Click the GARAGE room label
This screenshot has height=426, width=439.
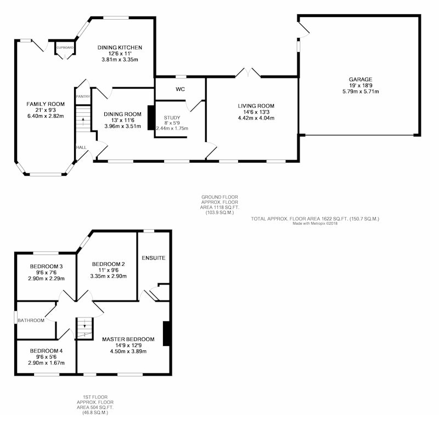[x=361, y=79]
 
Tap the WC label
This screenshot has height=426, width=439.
[x=181, y=89]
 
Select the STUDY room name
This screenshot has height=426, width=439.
[x=172, y=118]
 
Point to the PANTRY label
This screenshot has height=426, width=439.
[x=83, y=96]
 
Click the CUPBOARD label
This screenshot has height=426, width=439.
[x=65, y=48]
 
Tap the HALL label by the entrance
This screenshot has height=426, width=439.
[x=81, y=147]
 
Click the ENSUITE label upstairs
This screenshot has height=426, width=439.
[x=154, y=258]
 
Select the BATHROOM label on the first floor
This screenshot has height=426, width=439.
[x=31, y=320]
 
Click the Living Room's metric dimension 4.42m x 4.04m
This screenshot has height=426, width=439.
[x=256, y=118]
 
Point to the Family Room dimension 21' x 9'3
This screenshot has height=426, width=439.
[x=46, y=110]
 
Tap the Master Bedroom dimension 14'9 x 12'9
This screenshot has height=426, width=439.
[x=128, y=345]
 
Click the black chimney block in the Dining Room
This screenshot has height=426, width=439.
[x=151, y=117]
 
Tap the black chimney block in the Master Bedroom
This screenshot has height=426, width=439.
[x=166, y=334]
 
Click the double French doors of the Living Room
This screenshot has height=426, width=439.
[x=248, y=72]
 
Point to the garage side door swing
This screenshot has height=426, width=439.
[x=304, y=30]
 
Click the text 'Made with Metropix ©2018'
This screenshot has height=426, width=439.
[x=315, y=224]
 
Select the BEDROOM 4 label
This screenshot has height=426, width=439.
[x=46, y=351]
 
